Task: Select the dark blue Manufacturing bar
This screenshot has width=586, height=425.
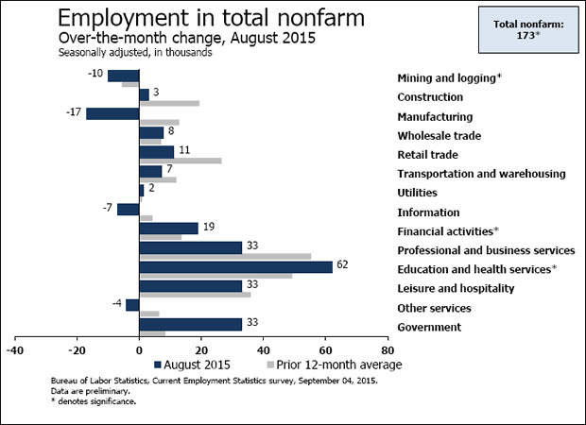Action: point(112,113)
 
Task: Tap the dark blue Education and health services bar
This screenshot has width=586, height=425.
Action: point(235,266)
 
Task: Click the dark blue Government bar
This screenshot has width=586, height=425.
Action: point(190,324)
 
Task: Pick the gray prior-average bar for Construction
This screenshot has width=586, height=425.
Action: point(169,103)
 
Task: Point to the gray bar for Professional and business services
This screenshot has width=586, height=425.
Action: point(225,256)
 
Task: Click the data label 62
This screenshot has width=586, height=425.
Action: point(342,265)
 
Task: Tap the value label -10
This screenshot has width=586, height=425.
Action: point(95,73)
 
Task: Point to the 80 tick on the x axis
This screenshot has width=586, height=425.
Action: point(387,347)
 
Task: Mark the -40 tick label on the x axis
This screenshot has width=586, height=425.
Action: point(15,347)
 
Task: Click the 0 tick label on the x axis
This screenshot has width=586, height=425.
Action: point(139,347)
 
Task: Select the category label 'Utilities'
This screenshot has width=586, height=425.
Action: point(417,193)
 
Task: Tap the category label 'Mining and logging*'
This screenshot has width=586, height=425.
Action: point(449,77)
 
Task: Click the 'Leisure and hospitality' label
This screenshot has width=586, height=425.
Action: point(456,288)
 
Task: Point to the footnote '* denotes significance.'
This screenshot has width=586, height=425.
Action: point(94,401)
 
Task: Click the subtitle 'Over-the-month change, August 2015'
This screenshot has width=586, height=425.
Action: point(186,38)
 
